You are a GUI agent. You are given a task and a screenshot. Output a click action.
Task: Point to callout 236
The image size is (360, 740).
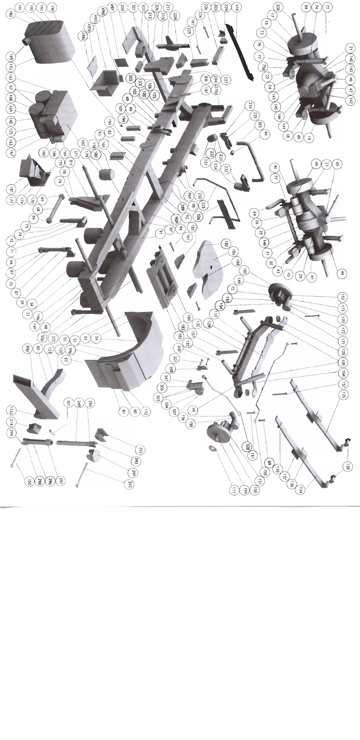[x=251, y=106]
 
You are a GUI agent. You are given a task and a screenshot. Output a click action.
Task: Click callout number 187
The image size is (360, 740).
[x=226, y=243]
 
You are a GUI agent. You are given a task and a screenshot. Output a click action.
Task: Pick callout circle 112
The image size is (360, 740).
[x=146, y=412]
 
